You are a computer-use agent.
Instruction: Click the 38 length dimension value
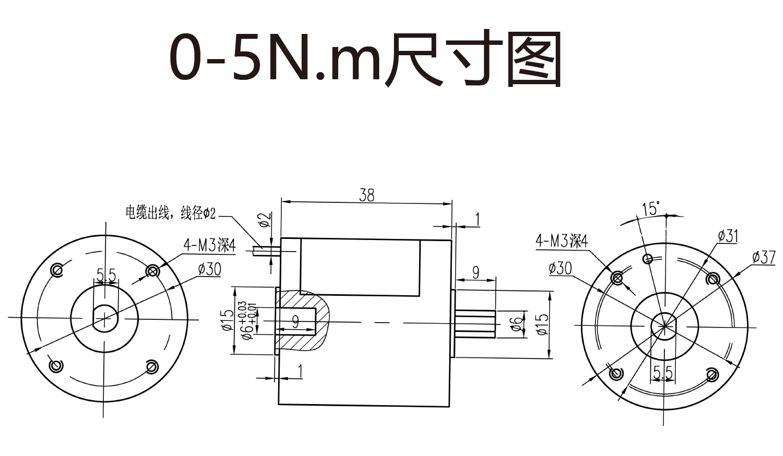click(x=367, y=195)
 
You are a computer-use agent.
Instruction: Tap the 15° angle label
click(x=651, y=208)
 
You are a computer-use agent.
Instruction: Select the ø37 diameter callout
click(x=763, y=257)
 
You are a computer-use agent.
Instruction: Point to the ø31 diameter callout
click(x=728, y=236)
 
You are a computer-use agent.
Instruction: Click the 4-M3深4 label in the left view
click(x=209, y=245)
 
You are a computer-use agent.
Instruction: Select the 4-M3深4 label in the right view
click(x=562, y=241)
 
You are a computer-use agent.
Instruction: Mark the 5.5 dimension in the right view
click(x=663, y=373)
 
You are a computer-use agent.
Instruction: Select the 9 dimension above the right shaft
click(x=475, y=272)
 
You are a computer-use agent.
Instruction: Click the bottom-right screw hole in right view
click(x=712, y=375)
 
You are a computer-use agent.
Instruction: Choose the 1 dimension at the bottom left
click(x=300, y=372)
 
